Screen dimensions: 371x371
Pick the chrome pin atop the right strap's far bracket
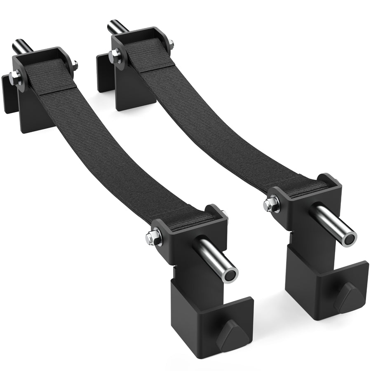[x=115, y=27]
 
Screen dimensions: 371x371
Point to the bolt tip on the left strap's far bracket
[x=75, y=64]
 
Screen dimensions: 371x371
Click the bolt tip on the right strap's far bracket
[x=171, y=42]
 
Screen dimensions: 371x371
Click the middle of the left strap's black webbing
[x=111, y=148]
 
